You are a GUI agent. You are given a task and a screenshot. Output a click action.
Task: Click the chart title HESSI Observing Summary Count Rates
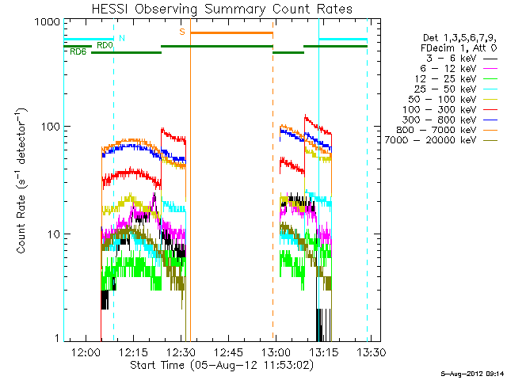(x=223, y=9)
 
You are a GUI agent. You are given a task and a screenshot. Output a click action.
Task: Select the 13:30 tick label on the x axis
(x=371, y=351)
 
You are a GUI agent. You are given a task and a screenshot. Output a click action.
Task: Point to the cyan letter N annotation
(x=121, y=37)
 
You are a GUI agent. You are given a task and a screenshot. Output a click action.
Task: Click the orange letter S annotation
(x=182, y=32)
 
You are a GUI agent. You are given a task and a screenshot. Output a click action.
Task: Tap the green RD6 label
(x=78, y=52)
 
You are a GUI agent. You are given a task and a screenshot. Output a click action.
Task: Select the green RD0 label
(x=104, y=45)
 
